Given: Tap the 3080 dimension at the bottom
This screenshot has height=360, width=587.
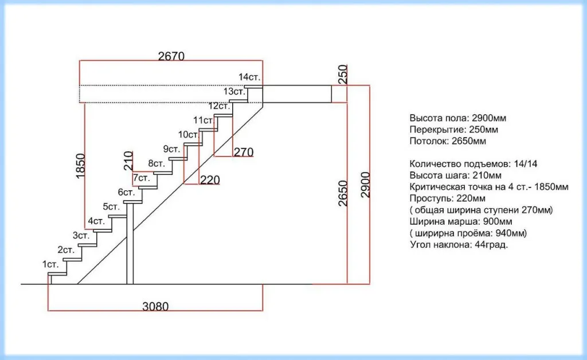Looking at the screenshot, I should tap(155, 306).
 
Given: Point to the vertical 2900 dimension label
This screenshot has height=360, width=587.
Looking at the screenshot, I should tap(366, 185).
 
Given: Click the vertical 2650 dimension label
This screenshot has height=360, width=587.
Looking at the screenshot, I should tap(343, 194).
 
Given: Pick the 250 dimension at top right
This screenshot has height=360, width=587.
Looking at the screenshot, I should tap(343, 75).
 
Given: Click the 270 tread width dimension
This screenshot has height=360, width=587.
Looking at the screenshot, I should tap(244, 152).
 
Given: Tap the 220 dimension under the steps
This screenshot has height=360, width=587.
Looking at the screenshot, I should tap(210, 180).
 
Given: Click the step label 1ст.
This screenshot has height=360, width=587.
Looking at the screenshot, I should tap(50, 264).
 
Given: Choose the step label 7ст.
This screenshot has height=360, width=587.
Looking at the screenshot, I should tap(142, 178).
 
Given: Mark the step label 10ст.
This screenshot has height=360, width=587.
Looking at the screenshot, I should tap(188, 134).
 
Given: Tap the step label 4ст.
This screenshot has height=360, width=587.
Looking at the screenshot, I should tap(96, 221).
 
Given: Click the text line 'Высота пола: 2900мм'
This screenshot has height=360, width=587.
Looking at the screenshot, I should tap(458, 118).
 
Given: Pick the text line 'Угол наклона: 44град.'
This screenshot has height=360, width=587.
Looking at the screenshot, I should tap(460, 245).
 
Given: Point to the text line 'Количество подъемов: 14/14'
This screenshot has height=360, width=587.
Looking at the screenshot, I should tap(474, 164).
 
